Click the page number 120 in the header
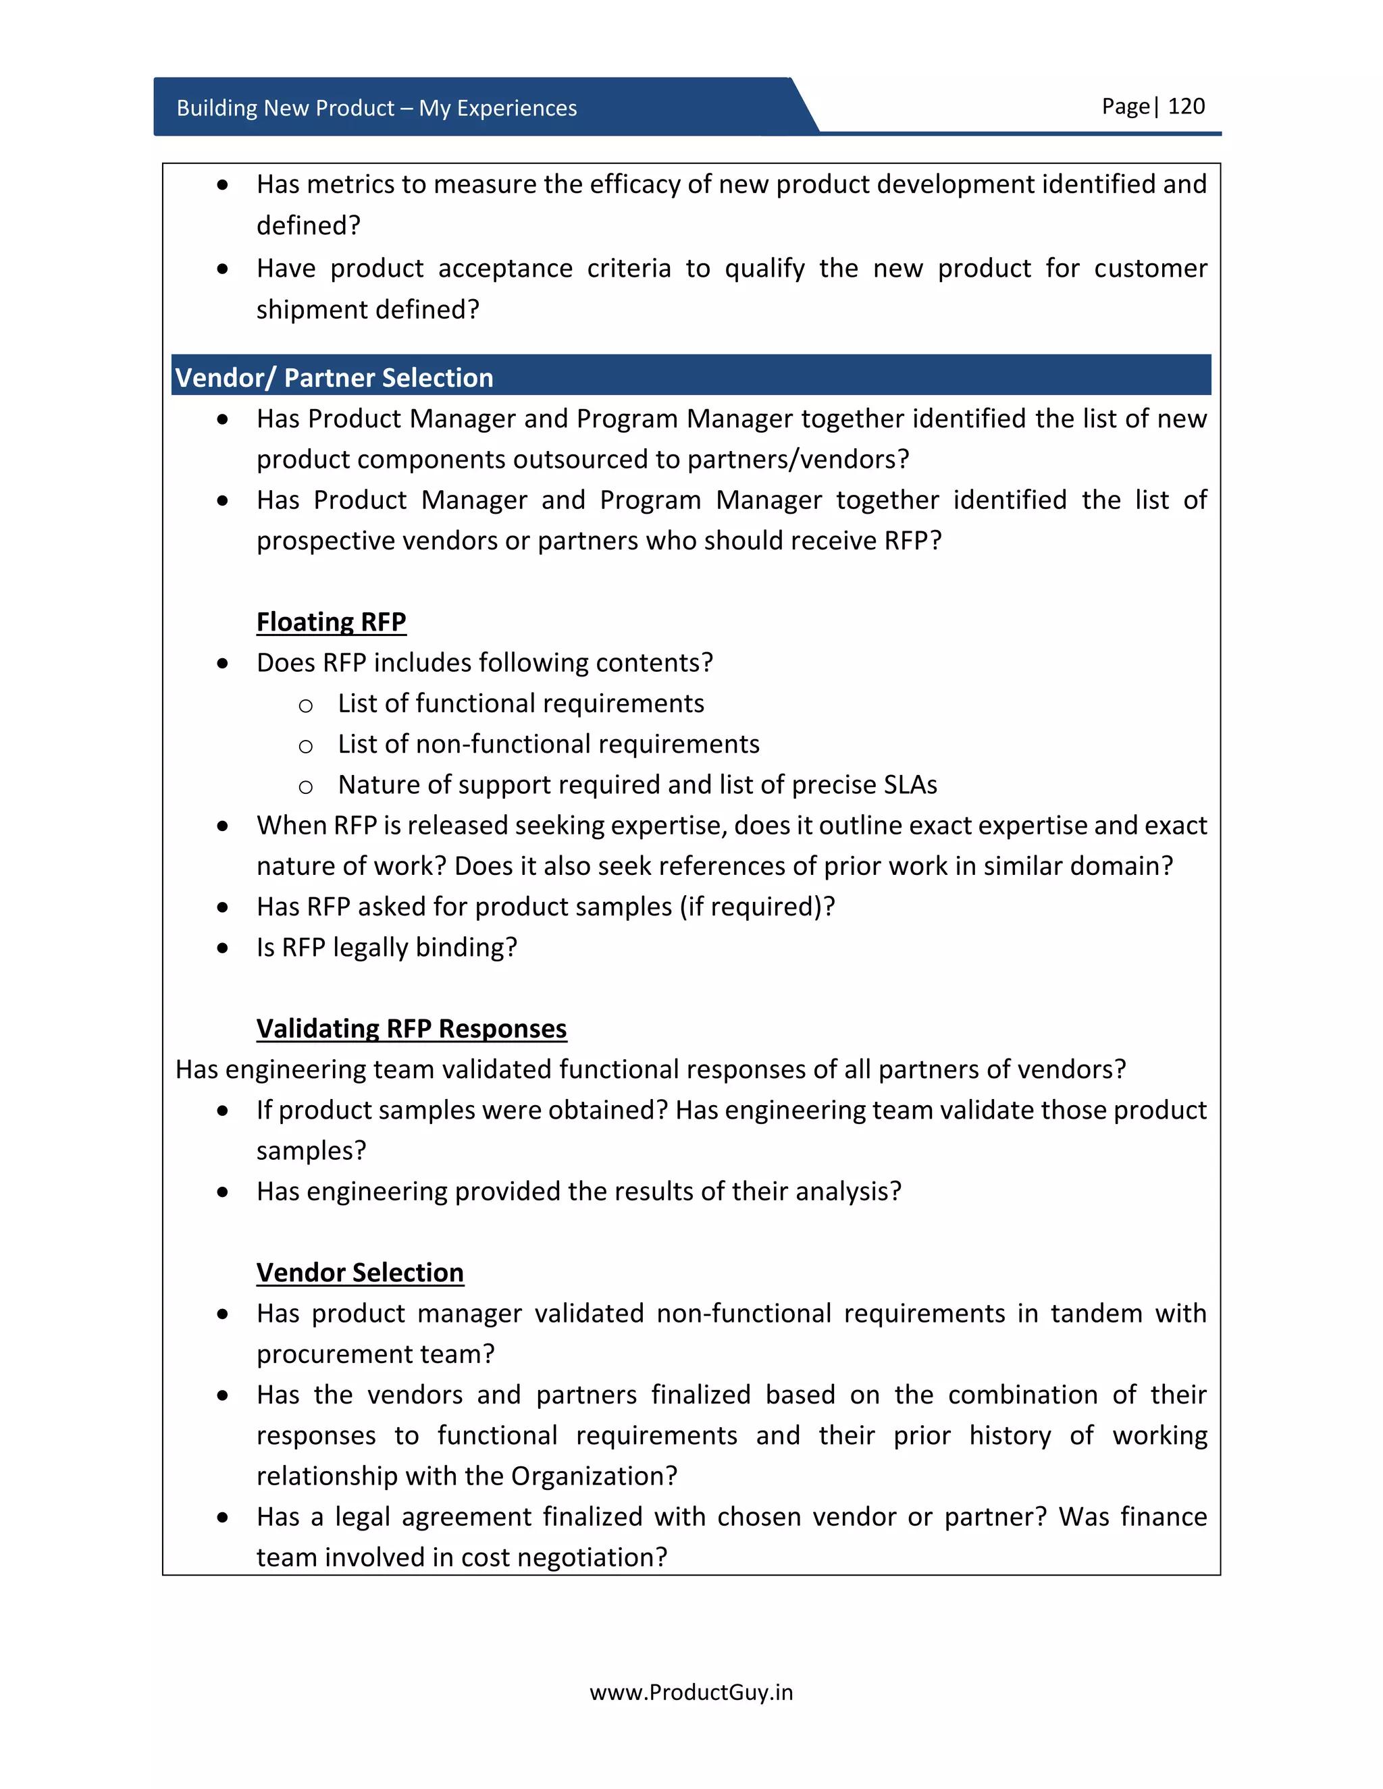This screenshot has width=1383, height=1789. (1186, 107)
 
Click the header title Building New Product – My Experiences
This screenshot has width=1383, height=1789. (376, 108)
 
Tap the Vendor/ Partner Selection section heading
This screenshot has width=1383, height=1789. (334, 377)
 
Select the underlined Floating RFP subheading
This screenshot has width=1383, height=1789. (331, 622)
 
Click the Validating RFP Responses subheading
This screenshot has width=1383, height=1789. (411, 1028)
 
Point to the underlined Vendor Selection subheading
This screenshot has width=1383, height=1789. (360, 1272)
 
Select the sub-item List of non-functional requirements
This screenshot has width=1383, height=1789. (548, 744)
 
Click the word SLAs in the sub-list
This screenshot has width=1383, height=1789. (910, 784)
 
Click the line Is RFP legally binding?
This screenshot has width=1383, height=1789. (387, 947)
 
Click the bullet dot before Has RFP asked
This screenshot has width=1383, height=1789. (223, 907)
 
